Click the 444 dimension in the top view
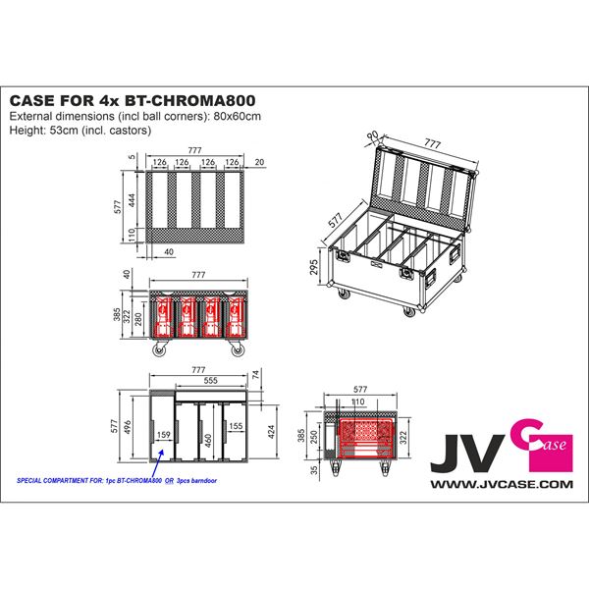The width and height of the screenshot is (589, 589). [x=131, y=201]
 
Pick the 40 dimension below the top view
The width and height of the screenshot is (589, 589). [x=171, y=251]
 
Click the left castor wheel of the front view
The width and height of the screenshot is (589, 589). [x=157, y=350]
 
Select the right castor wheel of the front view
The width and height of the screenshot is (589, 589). [x=237, y=350]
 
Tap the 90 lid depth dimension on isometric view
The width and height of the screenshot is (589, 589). [x=371, y=136]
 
